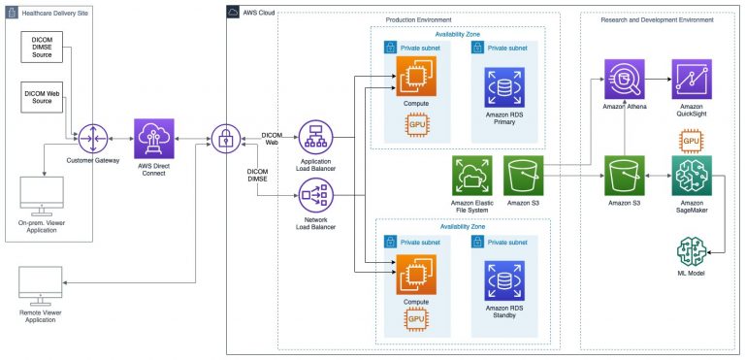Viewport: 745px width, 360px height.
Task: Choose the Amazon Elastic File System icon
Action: [x=472, y=177]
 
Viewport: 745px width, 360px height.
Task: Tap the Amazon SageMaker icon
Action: [x=692, y=176]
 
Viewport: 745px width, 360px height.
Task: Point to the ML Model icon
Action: [x=692, y=254]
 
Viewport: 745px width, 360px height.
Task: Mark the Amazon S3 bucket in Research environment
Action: [x=624, y=176]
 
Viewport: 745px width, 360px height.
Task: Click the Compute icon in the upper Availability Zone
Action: [x=415, y=78]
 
